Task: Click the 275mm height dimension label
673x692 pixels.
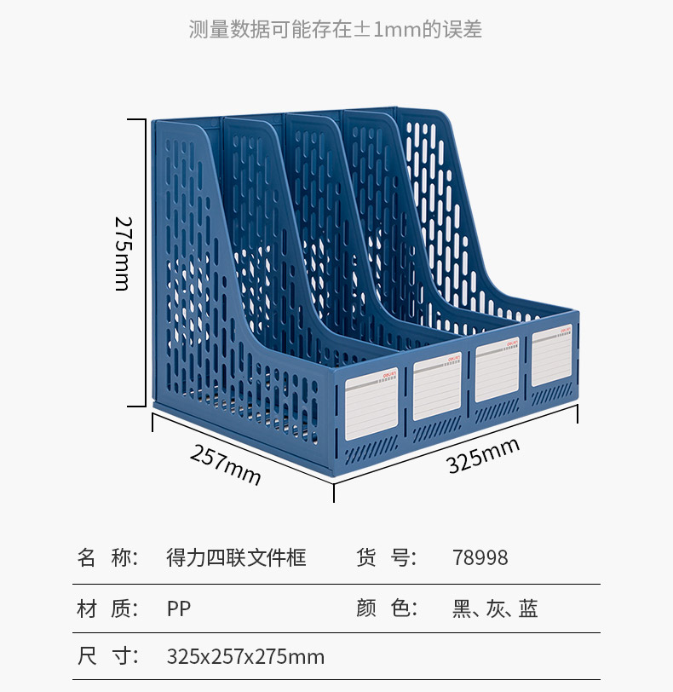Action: click(123, 253)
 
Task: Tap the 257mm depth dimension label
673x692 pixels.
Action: click(225, 465)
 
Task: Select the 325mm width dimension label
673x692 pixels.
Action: click(483, 455)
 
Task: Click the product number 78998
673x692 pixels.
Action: click(480, 558)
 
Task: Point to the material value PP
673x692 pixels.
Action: click(179, 608)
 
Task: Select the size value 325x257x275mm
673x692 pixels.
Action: click(245, 657)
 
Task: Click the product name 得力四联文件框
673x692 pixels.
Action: click(236, 558)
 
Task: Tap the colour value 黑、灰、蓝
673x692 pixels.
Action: click(495, 608)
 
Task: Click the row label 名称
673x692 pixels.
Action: click(107, 558)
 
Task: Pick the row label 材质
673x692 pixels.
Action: click(107, 608)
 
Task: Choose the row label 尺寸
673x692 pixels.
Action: click(107, 657)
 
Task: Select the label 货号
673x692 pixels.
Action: click(386, 558)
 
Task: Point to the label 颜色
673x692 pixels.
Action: click(386, 608)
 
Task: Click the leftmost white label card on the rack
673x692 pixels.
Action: click(372, 405)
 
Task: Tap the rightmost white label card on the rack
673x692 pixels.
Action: click(552, 357)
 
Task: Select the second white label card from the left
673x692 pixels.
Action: click(437, 388)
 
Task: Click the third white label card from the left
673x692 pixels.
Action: click(498, 371)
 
